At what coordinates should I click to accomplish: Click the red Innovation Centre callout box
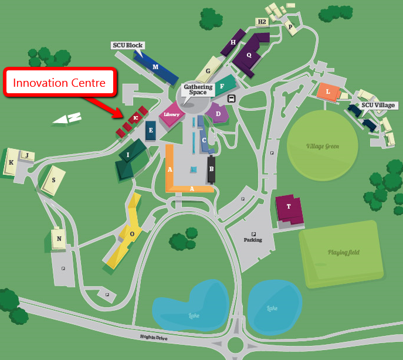(x=59, y=83)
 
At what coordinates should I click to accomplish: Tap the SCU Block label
(x=127, y=45)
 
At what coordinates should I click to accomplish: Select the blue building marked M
(x=156, y=67)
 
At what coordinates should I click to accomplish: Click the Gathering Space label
(x=198, y=90)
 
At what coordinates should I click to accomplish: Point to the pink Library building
(x=171, y=114)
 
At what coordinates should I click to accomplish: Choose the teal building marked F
(x=223, y=86)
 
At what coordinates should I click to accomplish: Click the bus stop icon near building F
(x=232, y=99)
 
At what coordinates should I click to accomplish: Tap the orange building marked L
(x=328, y=91)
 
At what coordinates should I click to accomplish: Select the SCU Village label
(x=378, y=105)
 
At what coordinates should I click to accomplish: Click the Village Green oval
(x=322, y=145)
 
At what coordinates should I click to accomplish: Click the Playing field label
(x=343, y=253)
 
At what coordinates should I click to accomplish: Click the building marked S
(x=54, y=181)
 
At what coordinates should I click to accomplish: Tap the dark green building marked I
(x=129, y=157)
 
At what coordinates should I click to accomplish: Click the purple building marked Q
(x=250, y=55)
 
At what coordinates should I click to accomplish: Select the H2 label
(x=262, y=22)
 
